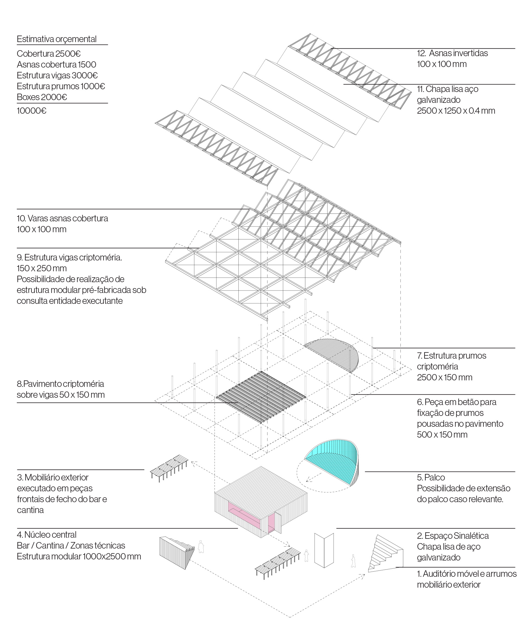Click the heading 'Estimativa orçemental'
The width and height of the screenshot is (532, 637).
(x=56, y=39)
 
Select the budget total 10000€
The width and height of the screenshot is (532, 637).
(x=32, y=111)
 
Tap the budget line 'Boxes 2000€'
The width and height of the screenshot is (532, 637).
(x=42, y=97)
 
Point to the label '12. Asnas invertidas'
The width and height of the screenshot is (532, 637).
(x=452, y=53)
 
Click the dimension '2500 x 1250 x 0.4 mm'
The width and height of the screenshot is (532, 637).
(x=456, y=111)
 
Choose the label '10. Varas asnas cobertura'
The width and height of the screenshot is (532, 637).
(x=62, y=218)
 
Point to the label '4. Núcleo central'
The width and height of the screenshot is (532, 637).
(x=46, y=534)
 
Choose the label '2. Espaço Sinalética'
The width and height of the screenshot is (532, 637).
(x=452, y=536)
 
